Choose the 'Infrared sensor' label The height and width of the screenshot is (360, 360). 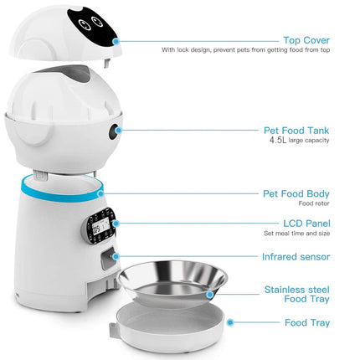coord(296,256)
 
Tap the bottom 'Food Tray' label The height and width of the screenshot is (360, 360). coord(307,322)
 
